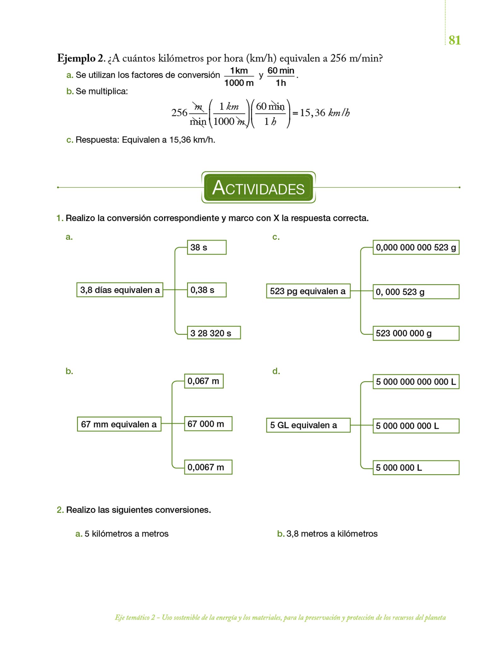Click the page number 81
454,40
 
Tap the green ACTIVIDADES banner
258,188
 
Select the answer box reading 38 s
206,247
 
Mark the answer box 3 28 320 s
213,333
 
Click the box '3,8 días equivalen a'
120,290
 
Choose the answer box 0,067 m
204,381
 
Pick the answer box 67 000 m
208,424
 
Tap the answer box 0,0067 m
208,467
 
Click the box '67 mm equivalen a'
119,424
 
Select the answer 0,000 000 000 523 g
416,247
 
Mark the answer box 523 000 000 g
416,333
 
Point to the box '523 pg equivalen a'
308,291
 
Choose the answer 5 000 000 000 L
416,426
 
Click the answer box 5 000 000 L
416,467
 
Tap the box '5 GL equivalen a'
308,425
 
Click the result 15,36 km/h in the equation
325,113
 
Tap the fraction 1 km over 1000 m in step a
239,77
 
